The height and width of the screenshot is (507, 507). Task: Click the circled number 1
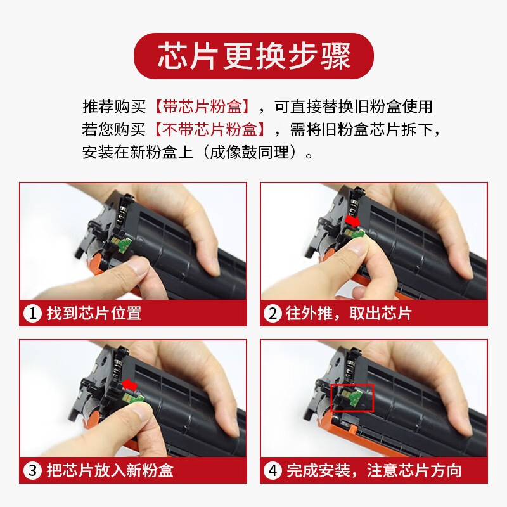[32, 313]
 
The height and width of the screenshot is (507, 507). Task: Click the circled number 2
[273, 313]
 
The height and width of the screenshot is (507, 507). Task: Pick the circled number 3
[32, 470]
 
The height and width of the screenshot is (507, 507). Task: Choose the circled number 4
[273, 470]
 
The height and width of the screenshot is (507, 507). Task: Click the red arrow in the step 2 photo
[352, 219]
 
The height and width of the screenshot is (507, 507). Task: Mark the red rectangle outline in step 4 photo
[353, 397]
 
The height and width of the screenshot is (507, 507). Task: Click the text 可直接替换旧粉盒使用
[359, 106]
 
